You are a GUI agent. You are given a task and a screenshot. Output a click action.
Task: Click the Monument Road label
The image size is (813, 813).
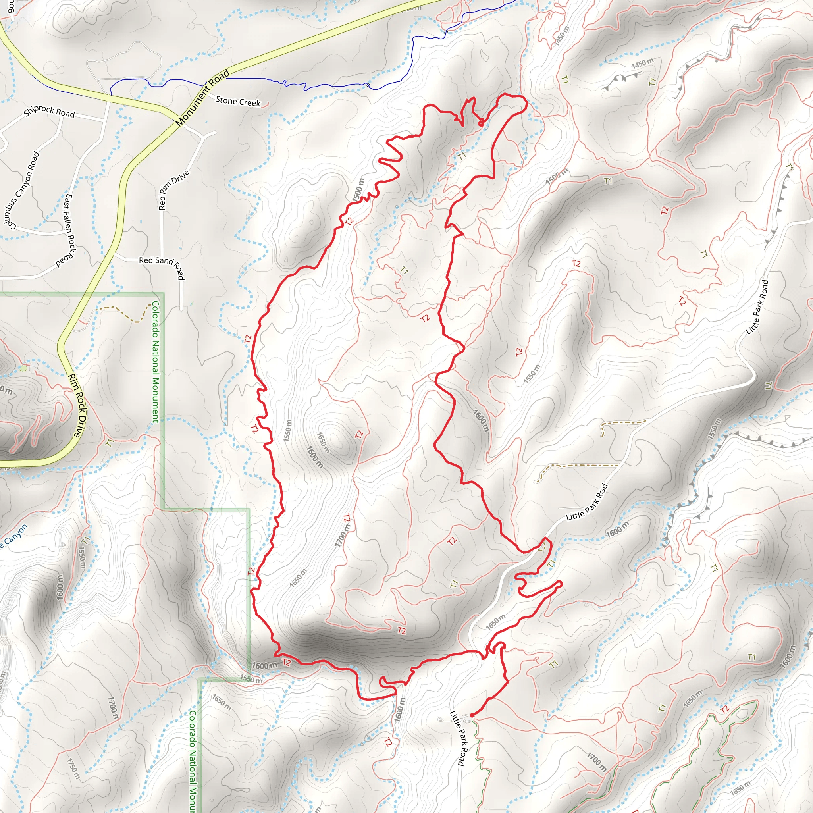(x=203, y=98)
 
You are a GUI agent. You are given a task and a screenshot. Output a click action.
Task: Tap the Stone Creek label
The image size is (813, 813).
(x=238, y=101)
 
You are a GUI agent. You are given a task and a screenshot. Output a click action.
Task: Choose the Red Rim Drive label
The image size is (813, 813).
(x=173, y=190)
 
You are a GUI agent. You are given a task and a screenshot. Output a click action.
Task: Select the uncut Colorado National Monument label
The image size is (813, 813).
(x=155, y=362)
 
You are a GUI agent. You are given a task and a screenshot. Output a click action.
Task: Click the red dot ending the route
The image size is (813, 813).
(x=472, y=715)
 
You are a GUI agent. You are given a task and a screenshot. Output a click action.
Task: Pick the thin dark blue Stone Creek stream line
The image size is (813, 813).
(x=252, y=79)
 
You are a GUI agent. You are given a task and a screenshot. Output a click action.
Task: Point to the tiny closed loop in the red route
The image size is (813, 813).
(x=481, y=123)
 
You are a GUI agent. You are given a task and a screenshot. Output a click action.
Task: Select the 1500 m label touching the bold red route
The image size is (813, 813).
(x=358, y=190)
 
